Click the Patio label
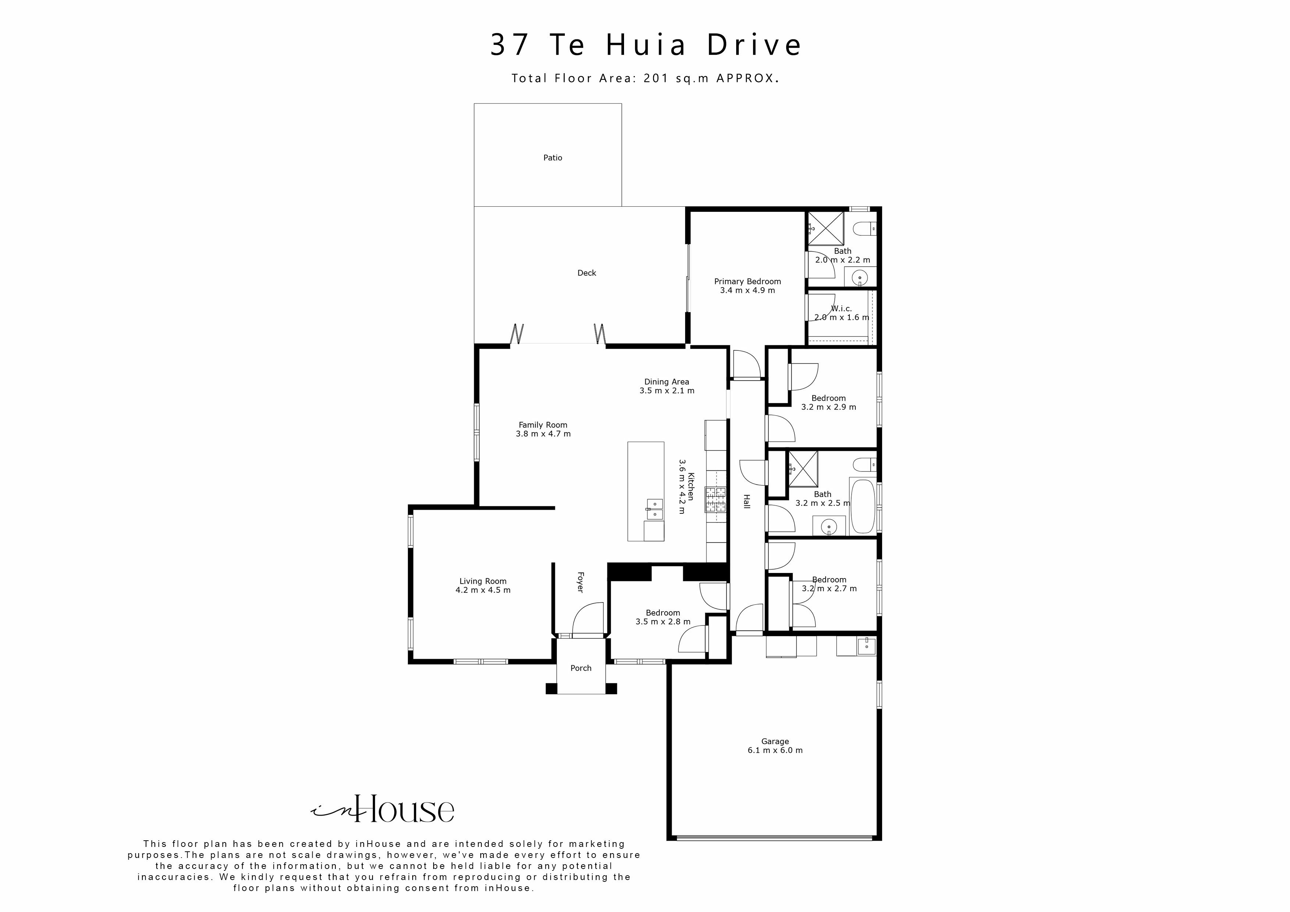click(x=552, y=158)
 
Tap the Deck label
click(x=587, y=273)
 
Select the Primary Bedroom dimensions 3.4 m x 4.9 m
click(x=747, y=291)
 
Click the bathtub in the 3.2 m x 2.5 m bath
click(x=863, y=505)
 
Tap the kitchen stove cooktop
click(x=715, y=499)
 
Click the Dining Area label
click(x=666, y=382)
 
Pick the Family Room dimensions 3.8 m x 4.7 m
click(x=543, y=434)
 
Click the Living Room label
click(x=482, y=581)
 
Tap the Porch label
click(x=580, y=668)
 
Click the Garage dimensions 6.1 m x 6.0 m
click(x=775, y=750)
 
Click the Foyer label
click(x=580, y=582)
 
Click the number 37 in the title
click(x=510, y=45)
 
